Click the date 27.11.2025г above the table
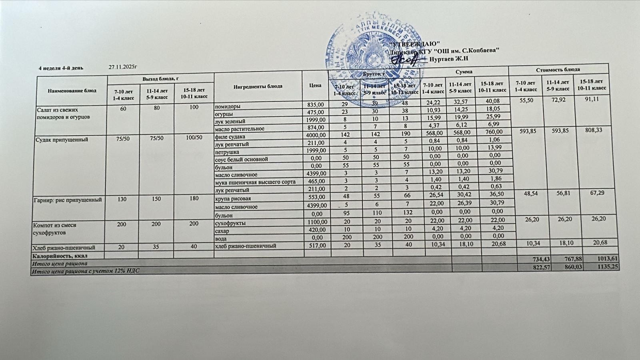click(123, 68)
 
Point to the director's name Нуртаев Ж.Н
click(448, 59)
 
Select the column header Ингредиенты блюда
click(258, 86)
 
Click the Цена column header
click(315, 85)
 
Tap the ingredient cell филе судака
click(231, 136)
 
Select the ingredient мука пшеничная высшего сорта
click(255, 182)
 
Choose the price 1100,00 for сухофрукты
click(316, 223)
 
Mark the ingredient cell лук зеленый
click(230, 121)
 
